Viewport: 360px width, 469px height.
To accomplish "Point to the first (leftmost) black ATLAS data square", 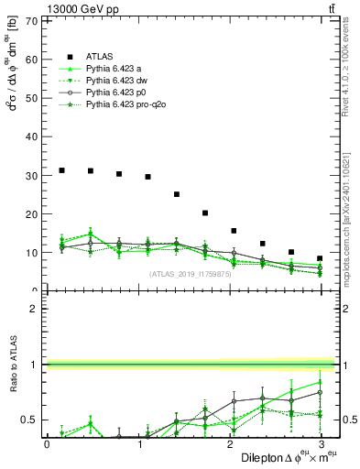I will pos(61,170).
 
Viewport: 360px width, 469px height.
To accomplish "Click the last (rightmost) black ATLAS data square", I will pos(319,258).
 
